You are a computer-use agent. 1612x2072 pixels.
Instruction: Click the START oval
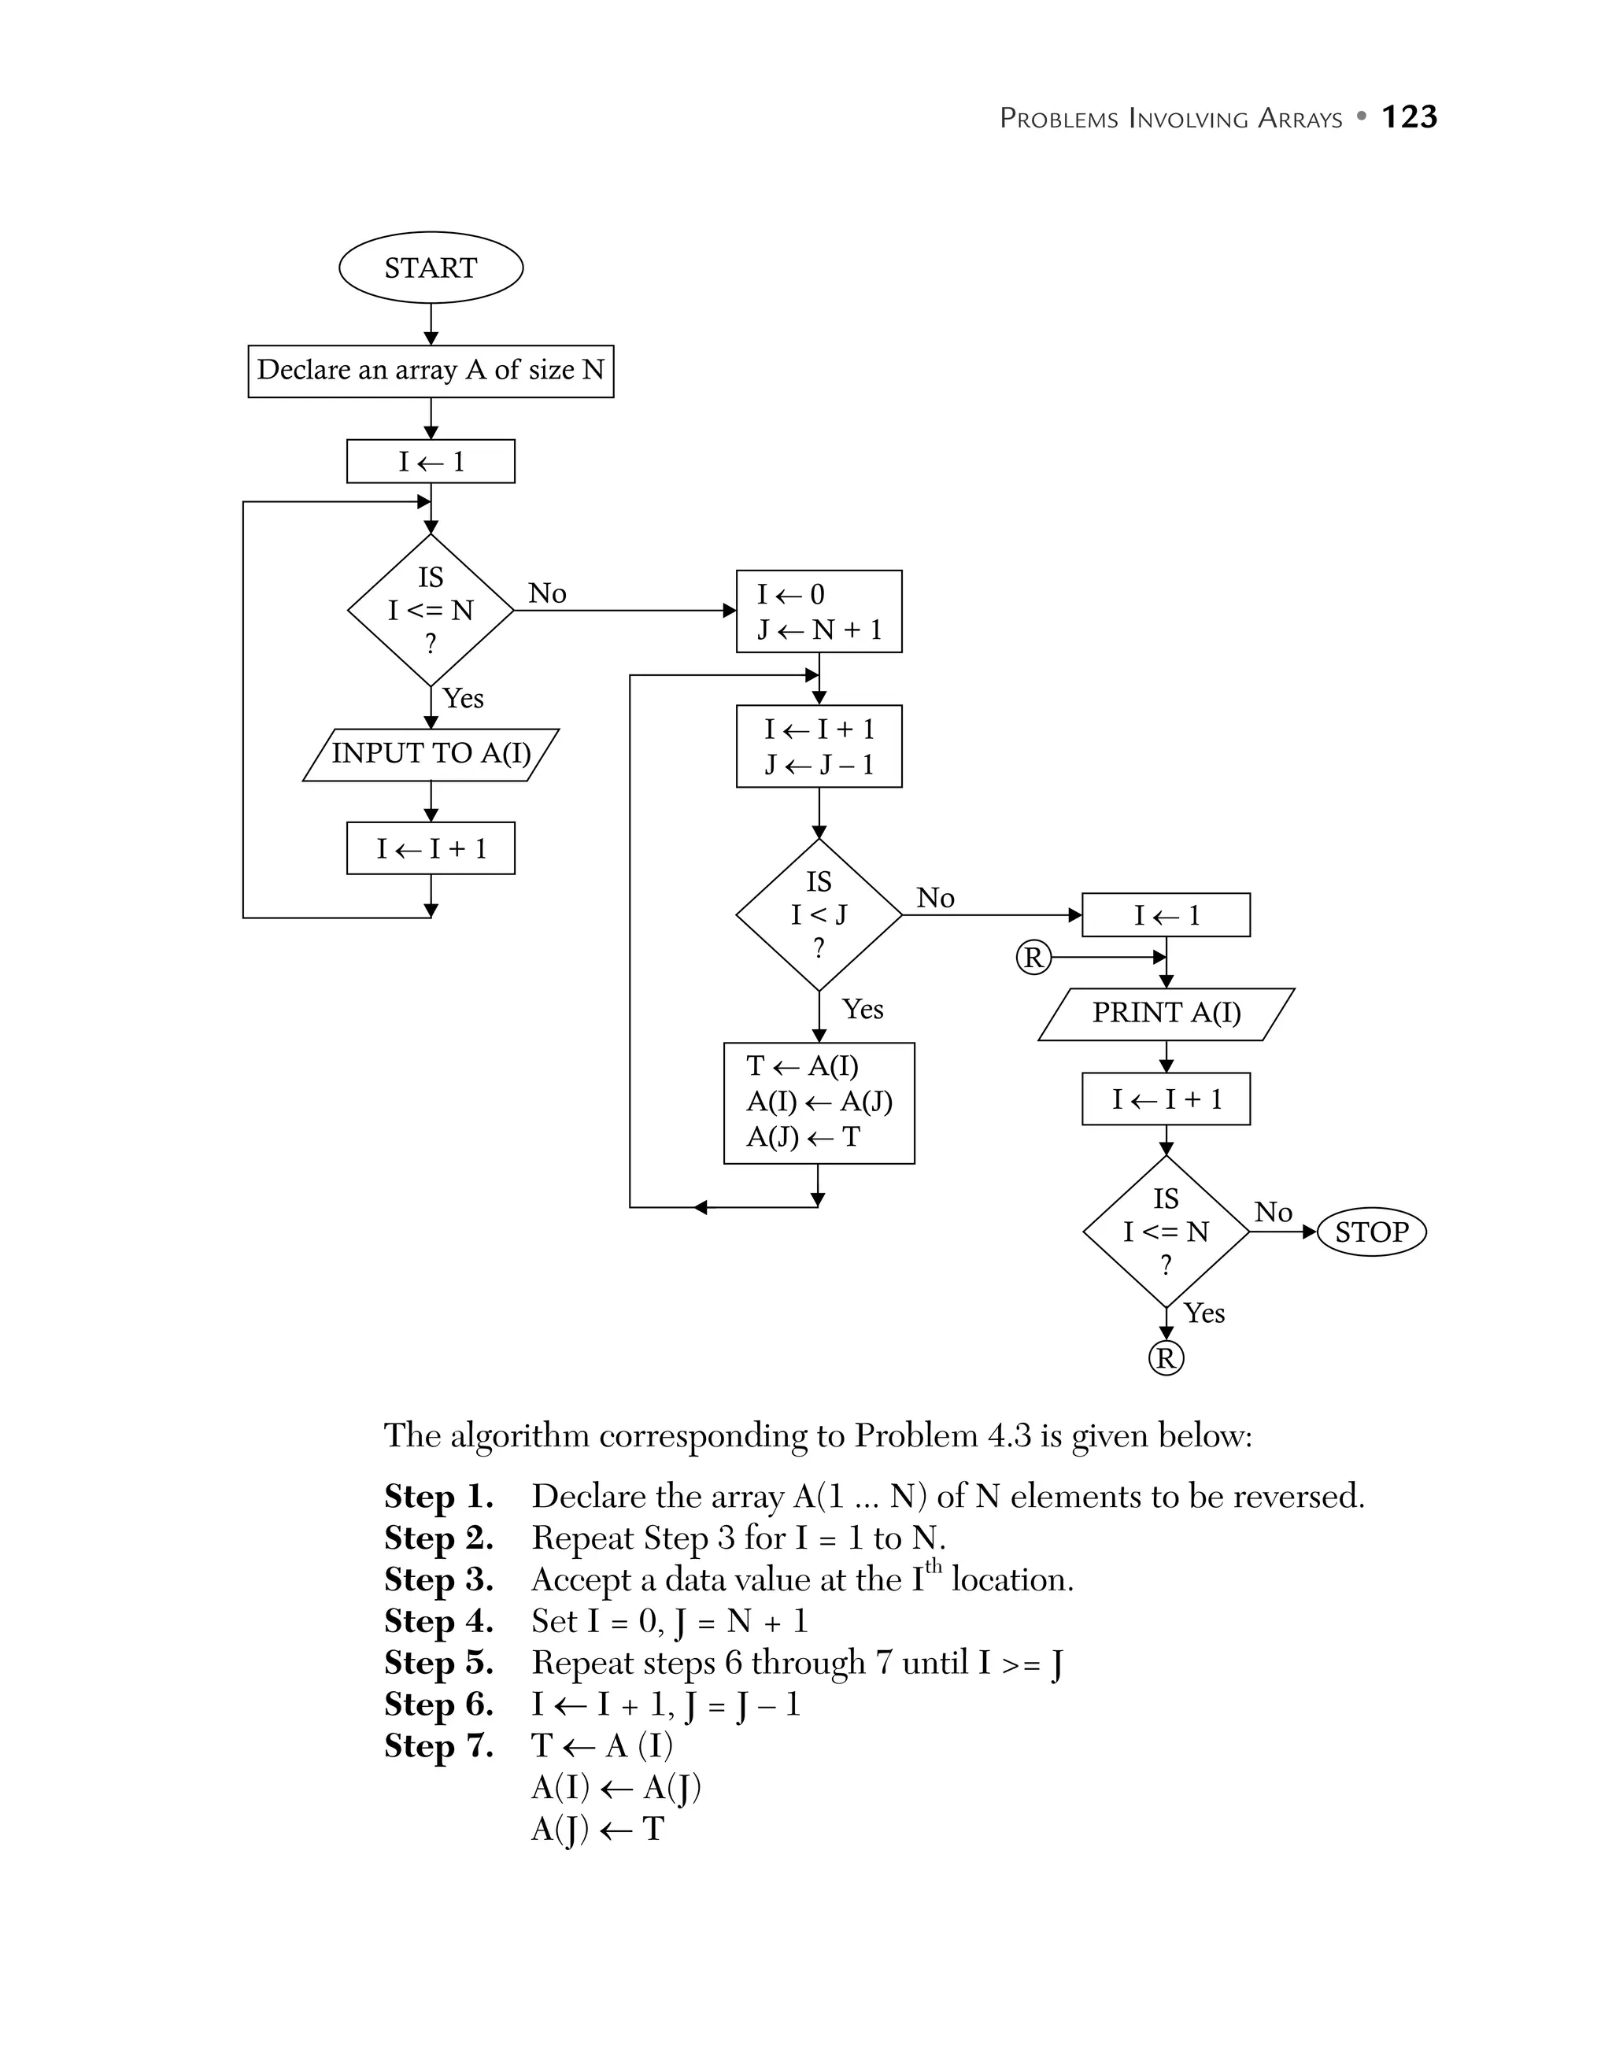[x=431, y=268]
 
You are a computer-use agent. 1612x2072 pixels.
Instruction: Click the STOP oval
[x=1371, y=1232]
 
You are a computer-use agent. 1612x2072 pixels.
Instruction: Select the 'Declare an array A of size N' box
[x=431, y=370]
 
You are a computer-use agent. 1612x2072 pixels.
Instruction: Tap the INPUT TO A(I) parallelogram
[x=431, y=753]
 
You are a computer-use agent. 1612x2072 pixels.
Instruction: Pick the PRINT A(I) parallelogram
[x=1166, y=1014]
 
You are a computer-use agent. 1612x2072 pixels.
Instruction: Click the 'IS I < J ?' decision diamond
[x=819, y=914]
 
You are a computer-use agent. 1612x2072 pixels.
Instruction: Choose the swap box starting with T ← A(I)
[x=819, y=1102]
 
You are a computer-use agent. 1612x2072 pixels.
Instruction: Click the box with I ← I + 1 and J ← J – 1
[x=819, y=746]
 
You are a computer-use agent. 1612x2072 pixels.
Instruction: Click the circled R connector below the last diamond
[x=1166, y=1358]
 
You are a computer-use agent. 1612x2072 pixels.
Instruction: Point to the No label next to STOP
[x=1274, y=1212]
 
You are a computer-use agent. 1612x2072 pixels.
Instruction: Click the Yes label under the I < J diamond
[x=863, y=1009]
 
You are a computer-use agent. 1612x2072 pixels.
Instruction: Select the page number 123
[x=1409, y=116]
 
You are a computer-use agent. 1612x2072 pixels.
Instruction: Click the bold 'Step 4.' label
[x=438, y=1620]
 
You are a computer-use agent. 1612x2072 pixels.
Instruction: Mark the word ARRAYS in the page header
[x=1300, y=119]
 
